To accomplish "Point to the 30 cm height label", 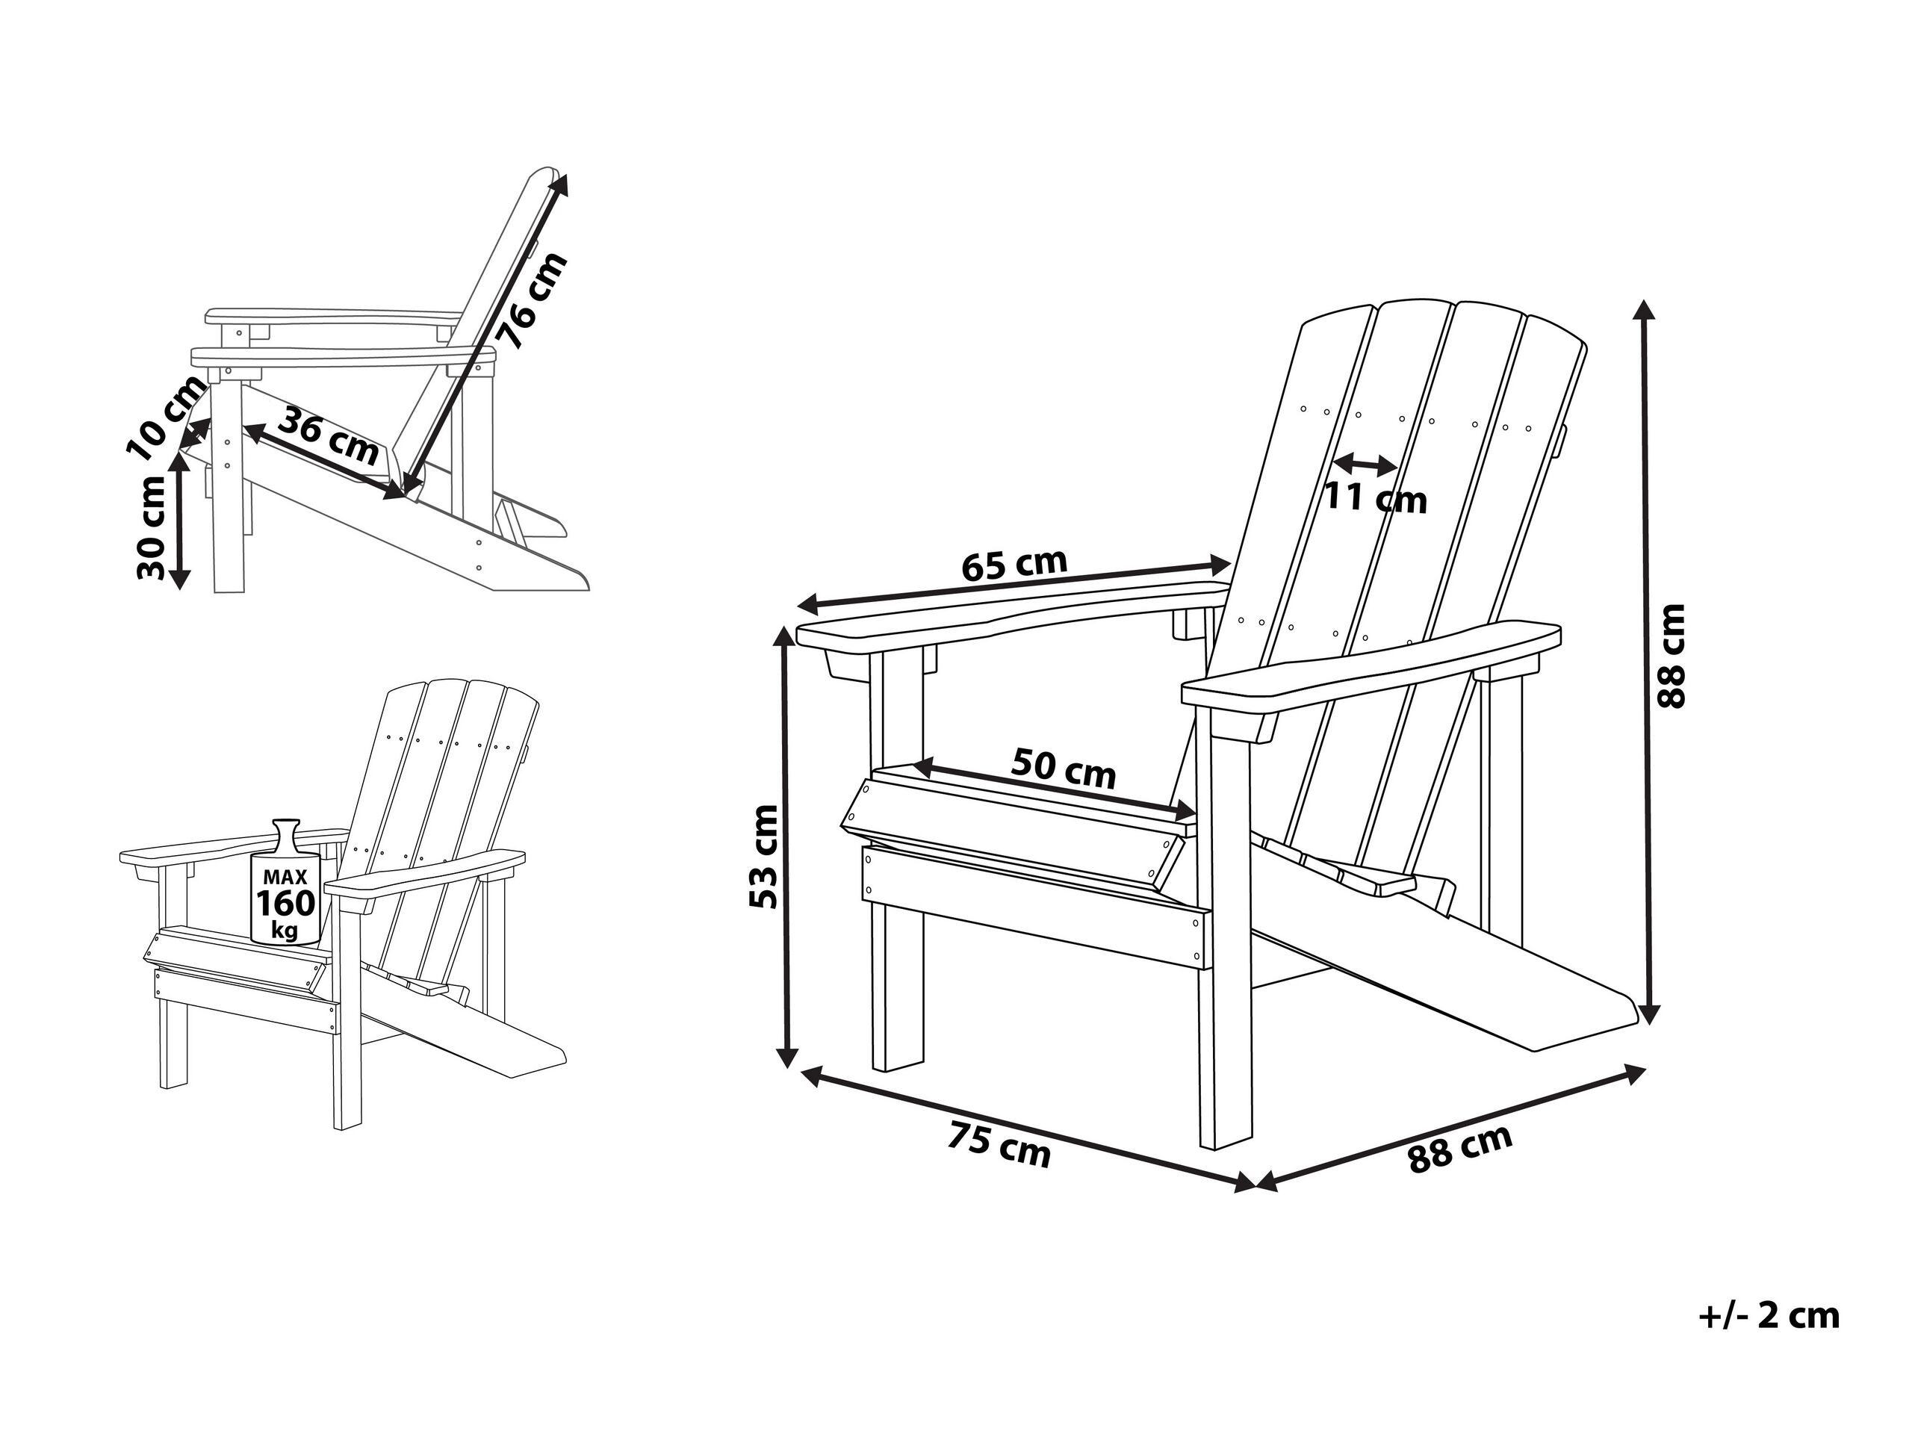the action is (x=152, y=527).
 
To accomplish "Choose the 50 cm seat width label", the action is (x=1064, y=767).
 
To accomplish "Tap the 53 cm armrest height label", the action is (x=763, y=857).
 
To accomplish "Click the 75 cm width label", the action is (x=999, y=1144).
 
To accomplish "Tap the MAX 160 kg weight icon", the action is (x=285, y=881).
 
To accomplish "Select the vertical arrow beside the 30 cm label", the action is (x=180, y=521).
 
